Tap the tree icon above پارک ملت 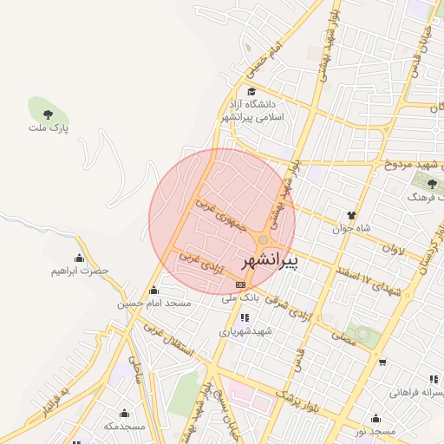pyautogui.click(x=48, y=114)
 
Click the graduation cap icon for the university pyautogui.click(x=251, y=92)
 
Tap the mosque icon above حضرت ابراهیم pyautogui.click(x=80, y=258)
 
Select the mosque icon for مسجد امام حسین pyautogui.click(x=154, y=291)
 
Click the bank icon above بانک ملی pyautogui.click(x=240, y=284)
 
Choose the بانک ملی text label pyautogui.click(x=240, y=297)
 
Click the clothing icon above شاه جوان pyautogui.click(x=351, y=214)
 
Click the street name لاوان pyautogui.click(x=393, y=248)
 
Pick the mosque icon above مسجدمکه pyautogui.click(x=124, y=413)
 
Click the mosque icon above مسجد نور pyautogui.click(x=375, y=418)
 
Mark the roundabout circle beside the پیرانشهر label pyautogui.click(x=263, y=239)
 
